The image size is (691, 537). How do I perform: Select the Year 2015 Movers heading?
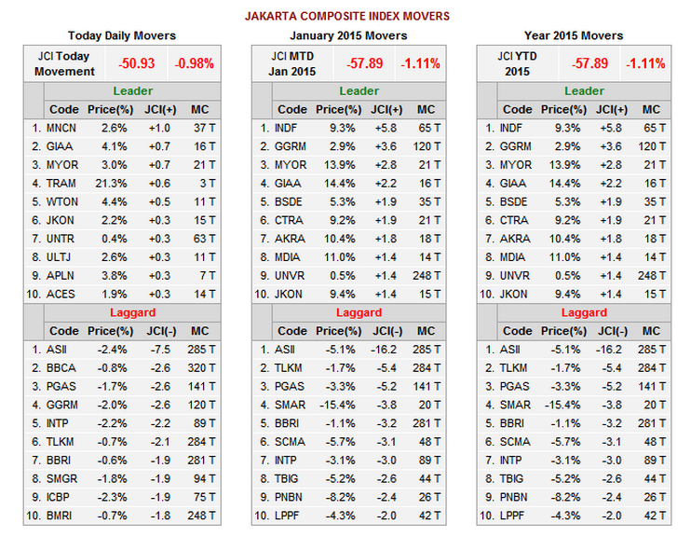[x=575, y=35]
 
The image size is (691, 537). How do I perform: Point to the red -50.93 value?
[x=136, y=64]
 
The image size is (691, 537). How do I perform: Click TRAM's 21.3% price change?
[x=113, y=183]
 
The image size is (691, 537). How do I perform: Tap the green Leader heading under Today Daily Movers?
[x=132, y=91]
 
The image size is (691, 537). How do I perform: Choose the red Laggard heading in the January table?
[x=359, y=313]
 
